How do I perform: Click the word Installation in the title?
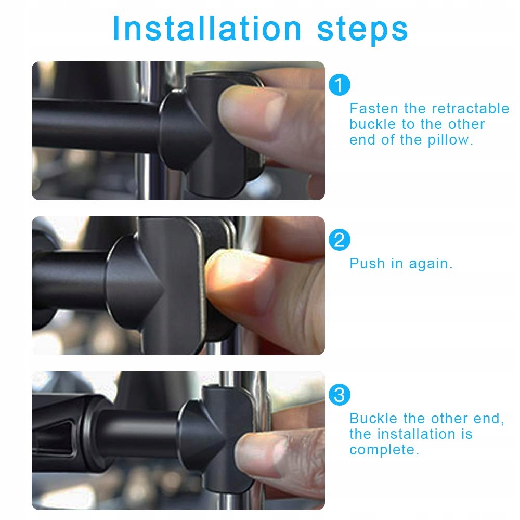pos(207,29)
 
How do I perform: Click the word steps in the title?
pos(362,30)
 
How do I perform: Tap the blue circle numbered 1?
pos(339,85)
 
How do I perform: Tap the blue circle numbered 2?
pos(339,240)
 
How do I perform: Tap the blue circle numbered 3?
pos(339,395)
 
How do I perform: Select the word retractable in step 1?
pos(470,109)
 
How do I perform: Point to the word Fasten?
pos(374,109)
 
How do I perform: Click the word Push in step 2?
pos(367,264)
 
